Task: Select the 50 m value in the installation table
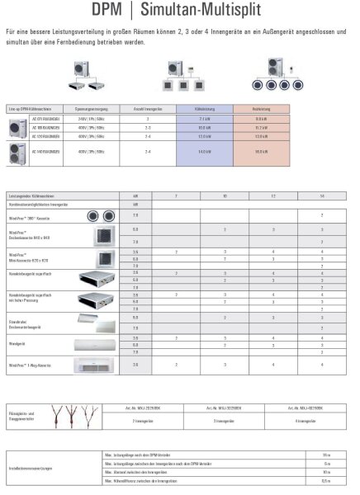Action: (327, 454)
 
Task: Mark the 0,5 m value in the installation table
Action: (327, 479)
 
